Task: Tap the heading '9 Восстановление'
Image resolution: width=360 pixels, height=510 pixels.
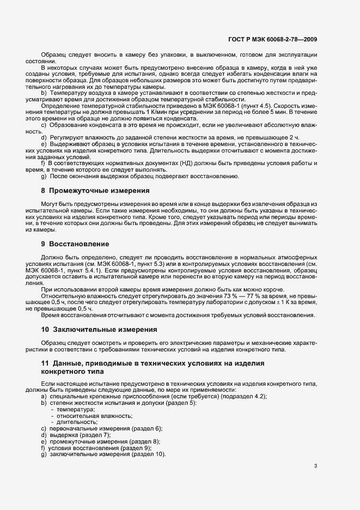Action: pyautogui.click(x=75, y=243)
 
